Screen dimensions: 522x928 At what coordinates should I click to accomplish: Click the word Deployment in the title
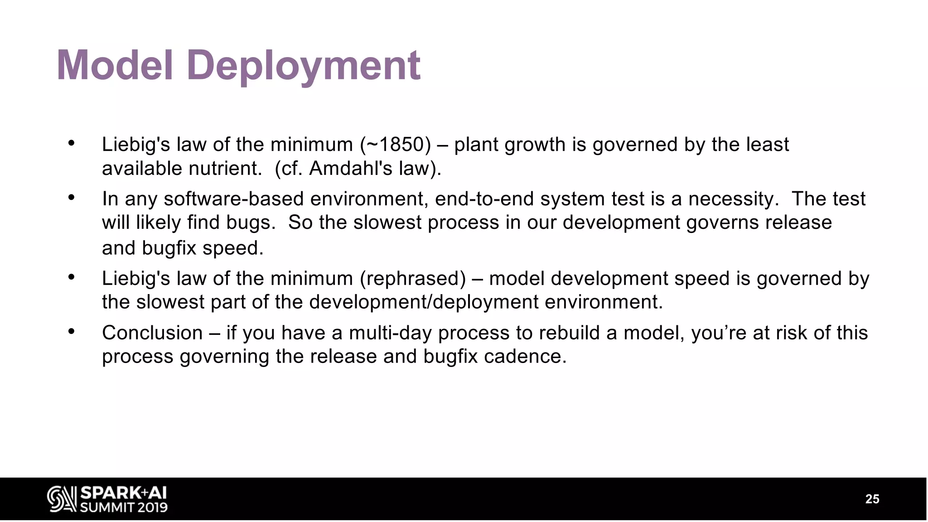click(303, 66)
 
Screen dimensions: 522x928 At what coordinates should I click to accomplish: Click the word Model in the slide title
click(115, 66)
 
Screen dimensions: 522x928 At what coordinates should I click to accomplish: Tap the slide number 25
click(872, 499)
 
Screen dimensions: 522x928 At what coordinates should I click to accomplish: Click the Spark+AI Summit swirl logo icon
click(61, 499)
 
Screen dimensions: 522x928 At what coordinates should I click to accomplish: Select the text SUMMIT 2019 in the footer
click(124, 507)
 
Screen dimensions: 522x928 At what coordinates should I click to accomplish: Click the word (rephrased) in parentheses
click(413, 278)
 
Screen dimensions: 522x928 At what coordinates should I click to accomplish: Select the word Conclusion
click(152, 333)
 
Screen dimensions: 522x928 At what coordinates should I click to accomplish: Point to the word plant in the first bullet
click(476, 145)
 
